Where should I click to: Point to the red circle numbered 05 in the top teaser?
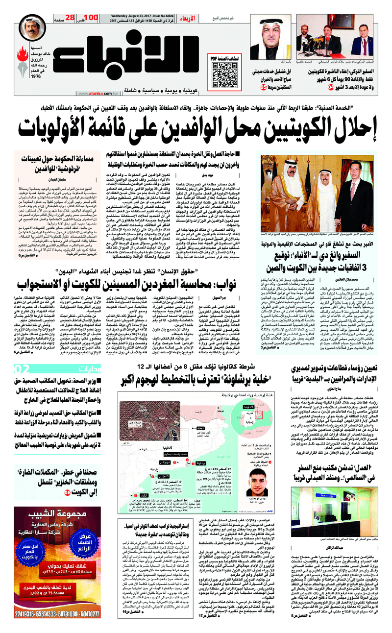(250, 88)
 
